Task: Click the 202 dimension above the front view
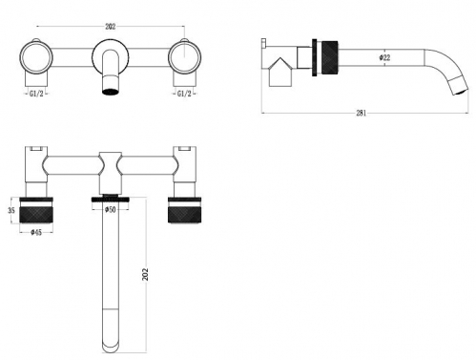pos(111,27)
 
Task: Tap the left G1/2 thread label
pos(36,94)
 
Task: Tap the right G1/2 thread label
pos(184,94)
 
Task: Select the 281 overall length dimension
pos(362,113)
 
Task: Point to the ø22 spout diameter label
pos(384,57)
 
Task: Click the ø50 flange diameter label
pos(110,210)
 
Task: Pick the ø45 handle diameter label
pos(36,233)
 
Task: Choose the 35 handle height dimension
pos(11,210)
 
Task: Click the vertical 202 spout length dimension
pos(145,274)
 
